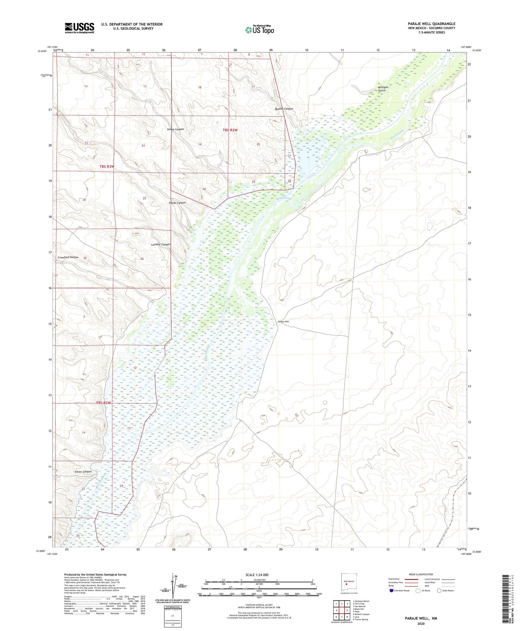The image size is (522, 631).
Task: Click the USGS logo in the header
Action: coord(79,28)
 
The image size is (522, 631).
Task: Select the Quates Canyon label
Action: coord(283,109)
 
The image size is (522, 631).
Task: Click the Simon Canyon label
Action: coord(175,129)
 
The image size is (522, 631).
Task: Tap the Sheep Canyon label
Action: coord(177,203)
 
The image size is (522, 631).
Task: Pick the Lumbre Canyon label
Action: coord(160,245)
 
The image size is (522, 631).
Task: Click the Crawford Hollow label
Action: coord(68,257)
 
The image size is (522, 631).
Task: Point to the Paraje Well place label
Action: coord(283,322)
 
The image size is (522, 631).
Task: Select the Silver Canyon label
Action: coord(83,472)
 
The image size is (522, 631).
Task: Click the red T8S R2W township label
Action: coord(230,130)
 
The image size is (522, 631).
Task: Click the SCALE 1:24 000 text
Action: coord(256,575)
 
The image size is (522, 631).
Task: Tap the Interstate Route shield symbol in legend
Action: coord(391,591)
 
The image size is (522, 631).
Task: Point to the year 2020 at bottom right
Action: coord(420,623)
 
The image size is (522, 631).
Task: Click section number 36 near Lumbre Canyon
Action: coord(142,259)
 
